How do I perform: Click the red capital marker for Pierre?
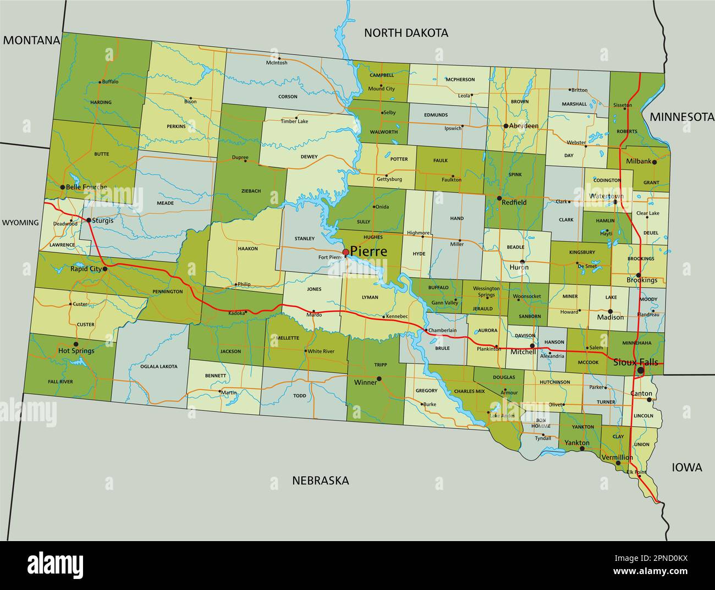[x=345, y=252]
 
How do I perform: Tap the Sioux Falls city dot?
[x=640, y=371]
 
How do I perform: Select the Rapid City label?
[x=86, y=269]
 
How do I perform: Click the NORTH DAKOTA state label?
[x=406, y=33]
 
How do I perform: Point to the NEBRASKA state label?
[x=320, y=481]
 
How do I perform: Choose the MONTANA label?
[x=31, y=40]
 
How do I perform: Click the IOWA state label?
[x=687, y=467]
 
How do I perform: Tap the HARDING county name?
[x=101, y=102]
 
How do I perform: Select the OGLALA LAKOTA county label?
[x=158, y=366]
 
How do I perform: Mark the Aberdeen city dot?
[x=506, y=126]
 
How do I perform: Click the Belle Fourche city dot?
[x=62, y=188]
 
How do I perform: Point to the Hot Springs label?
[x=76, y=351]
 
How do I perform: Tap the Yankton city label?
[x=576, y=443]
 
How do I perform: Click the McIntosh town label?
[x=277, y=63]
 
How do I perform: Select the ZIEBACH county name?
[x=251, y=191]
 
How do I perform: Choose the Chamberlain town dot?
[x=425, y=330]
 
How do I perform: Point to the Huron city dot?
[x=522, y=262]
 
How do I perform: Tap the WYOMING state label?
[x=20, y=223]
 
